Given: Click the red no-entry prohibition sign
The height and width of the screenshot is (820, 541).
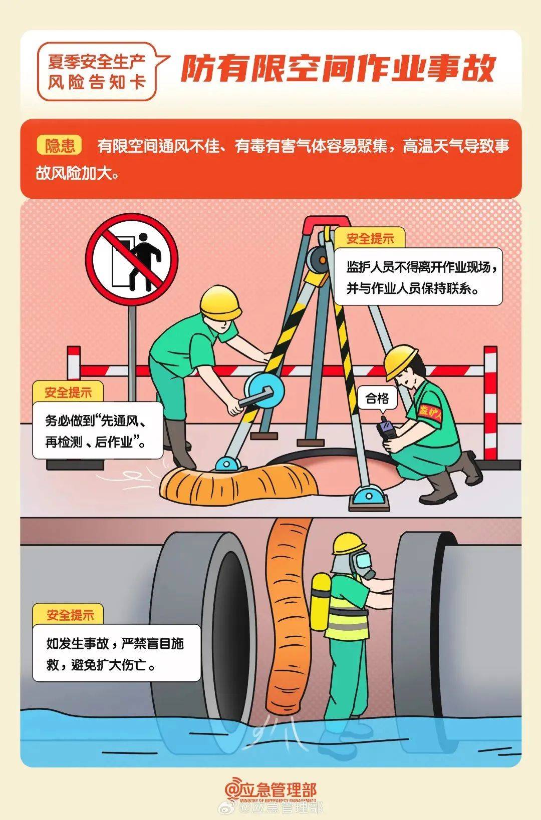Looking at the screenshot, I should click(132, 259).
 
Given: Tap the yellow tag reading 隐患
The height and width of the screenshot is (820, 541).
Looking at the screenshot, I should click(60, 146).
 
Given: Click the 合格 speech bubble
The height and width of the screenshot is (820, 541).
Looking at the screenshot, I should click(377, 398).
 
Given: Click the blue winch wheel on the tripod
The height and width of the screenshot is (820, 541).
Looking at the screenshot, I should click(264, 388).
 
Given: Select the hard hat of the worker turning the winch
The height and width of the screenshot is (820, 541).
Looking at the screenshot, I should click(220, 303).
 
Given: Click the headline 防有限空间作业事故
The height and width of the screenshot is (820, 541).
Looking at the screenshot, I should click(338, 69).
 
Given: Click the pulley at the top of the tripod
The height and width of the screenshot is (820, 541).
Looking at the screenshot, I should click(318, 259).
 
